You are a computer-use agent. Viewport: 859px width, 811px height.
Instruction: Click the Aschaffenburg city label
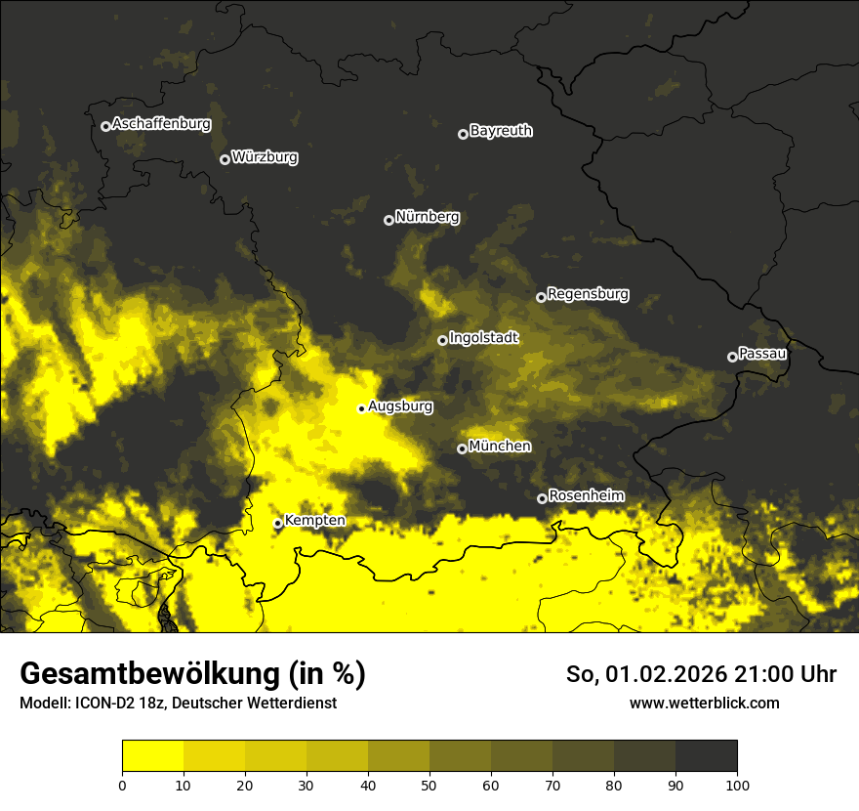pos(161,124)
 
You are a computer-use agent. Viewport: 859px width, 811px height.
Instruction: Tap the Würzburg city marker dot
pos(225,159)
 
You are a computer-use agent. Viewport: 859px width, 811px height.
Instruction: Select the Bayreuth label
pos(501,131)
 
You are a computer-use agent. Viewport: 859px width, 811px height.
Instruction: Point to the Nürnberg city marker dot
pos(389,220)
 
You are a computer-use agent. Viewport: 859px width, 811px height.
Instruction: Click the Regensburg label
pos(588,294)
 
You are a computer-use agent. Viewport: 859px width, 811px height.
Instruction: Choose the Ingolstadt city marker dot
pos(442,340)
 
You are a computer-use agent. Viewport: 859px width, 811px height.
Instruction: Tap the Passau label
pos(762,354)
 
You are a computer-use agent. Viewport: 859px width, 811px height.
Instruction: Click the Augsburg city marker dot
pos(361,408)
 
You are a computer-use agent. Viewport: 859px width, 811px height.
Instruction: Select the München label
pos(500,447)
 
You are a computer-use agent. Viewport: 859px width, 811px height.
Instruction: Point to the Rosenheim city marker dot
pos(542,498)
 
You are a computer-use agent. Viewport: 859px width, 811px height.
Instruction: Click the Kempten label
pos(314,521)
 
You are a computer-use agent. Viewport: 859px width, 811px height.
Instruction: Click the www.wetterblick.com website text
pos(704,703)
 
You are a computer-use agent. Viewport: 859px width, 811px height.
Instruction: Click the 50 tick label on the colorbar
pos(429,784)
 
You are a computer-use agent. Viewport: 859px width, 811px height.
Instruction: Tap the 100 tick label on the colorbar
pos(737,784)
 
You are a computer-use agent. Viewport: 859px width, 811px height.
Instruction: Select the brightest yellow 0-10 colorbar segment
pos(153,756)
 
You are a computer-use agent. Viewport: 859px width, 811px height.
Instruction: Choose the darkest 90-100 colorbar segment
pos(706,756)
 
